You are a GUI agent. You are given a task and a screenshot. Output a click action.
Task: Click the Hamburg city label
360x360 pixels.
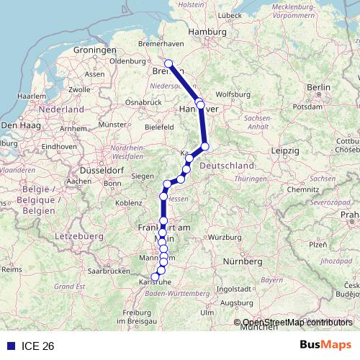207,32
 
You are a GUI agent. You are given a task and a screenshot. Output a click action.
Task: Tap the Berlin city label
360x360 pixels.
318,87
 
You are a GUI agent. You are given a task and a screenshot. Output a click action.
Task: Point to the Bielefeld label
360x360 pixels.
159,127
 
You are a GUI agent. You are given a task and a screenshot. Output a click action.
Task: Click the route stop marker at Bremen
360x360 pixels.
168,64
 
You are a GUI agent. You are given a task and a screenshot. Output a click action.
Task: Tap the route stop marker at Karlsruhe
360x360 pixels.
154,276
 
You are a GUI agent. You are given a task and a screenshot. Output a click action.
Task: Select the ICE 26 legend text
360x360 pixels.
38,346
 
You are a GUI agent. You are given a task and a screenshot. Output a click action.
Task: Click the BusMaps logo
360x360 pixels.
326,345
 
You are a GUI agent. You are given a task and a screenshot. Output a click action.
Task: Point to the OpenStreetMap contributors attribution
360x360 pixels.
297,323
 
